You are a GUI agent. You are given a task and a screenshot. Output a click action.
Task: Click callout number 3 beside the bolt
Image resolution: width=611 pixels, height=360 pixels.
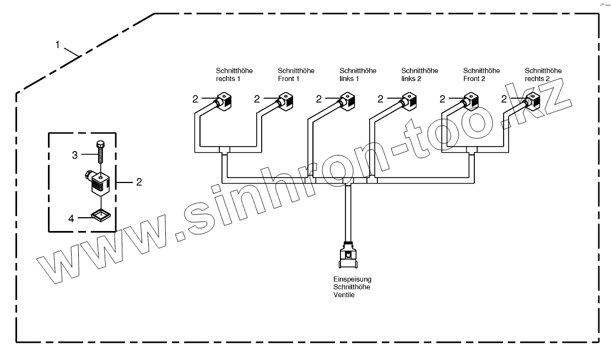(x=75, y=156)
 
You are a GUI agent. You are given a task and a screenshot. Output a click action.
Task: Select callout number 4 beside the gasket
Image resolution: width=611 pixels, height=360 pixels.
(x=71, y=218)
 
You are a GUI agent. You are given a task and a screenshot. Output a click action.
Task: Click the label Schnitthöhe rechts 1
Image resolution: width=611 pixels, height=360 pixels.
(x=228, y=74)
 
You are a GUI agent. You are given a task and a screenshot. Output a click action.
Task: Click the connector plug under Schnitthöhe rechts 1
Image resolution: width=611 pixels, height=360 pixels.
(x=225, y=101)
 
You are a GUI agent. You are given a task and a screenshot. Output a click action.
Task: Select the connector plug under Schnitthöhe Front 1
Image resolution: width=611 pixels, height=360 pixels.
(x=286, y=101)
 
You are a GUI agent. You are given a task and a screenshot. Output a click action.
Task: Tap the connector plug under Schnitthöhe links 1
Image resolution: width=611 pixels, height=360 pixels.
(x=348, y=101)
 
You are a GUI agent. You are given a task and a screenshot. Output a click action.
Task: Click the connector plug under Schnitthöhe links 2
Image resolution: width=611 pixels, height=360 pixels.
(x=410, y=101)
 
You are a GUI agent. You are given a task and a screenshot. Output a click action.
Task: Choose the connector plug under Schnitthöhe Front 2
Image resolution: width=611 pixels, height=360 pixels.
(x=472, y=101)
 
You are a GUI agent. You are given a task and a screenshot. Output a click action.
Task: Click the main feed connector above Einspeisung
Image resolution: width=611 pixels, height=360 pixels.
(x=348, y=256)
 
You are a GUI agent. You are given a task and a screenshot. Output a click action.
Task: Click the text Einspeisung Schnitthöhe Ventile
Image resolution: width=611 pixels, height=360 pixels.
(x=352, y=287)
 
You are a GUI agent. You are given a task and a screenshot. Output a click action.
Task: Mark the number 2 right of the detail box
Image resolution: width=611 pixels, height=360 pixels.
(x=139, y=181)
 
